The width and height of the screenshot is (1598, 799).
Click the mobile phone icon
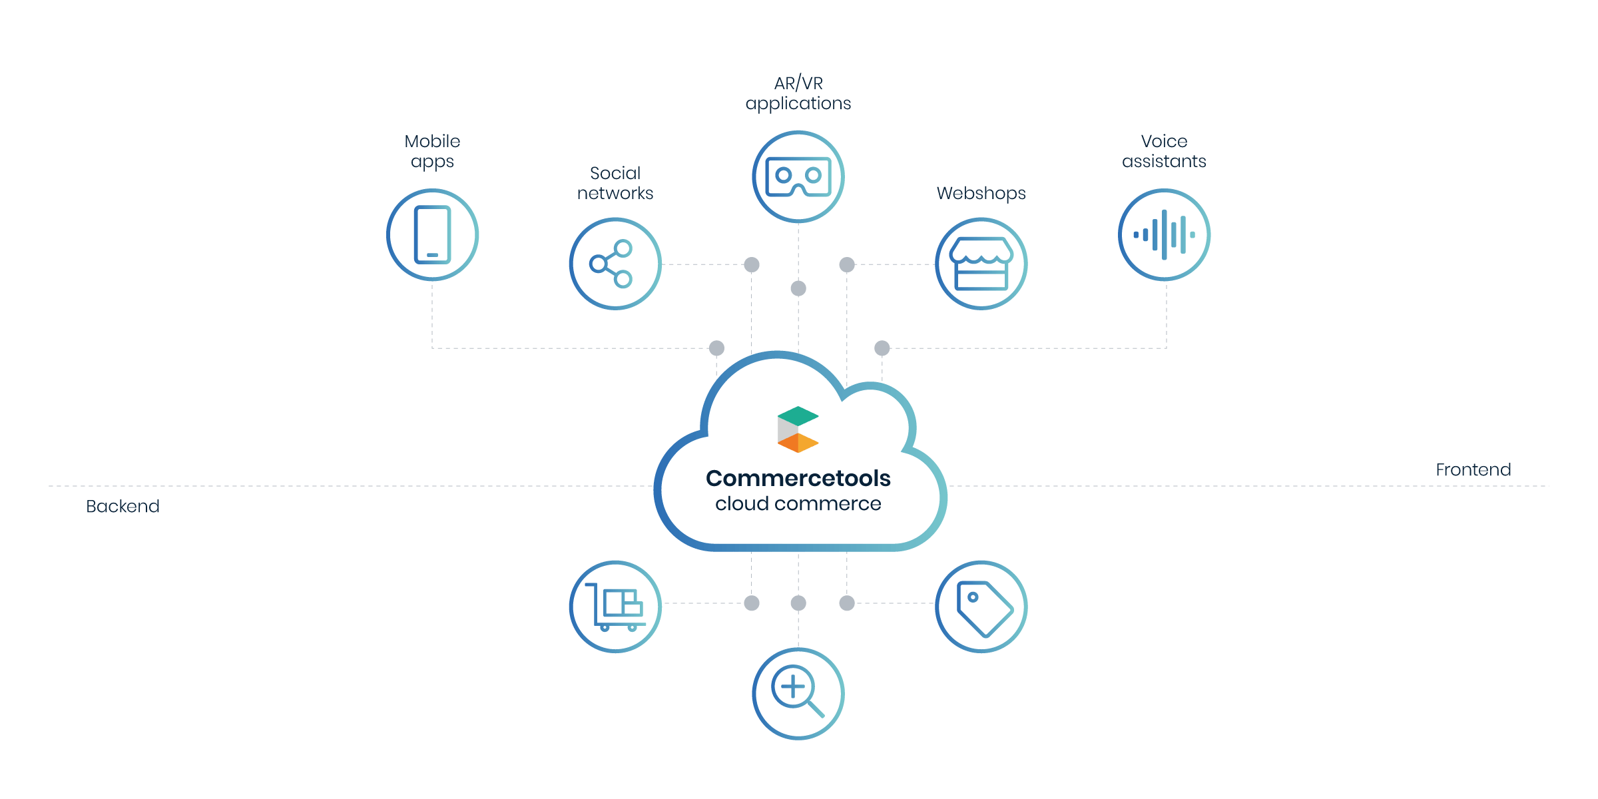coord(432,234)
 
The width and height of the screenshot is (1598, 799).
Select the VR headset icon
coord(798,176)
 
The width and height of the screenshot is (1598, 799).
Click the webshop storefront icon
coord(981,264)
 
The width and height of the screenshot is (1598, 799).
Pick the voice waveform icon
coord(1164,234)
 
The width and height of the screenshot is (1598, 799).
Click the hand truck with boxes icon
coord(615,607)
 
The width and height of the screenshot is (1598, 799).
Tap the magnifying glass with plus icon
coord(798,692)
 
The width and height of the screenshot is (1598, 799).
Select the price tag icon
coord(981,607)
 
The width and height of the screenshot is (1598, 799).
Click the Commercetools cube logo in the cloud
coord(798,429)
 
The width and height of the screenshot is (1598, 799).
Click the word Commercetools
coord(798,478)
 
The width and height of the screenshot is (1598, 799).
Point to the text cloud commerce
coord(798,504)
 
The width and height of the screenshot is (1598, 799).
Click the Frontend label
coord(1473,470)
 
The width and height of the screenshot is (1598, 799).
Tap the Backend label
coord(123,507)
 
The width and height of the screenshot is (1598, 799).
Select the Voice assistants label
coord(1164,152)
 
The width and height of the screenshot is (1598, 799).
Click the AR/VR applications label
coord(798,93)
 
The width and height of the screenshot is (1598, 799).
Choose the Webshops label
coord(981,193)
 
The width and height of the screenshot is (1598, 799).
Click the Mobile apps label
coord(432,152)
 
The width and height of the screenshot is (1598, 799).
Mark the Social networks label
coord(615,183)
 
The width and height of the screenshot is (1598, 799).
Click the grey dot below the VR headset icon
coord(798,288)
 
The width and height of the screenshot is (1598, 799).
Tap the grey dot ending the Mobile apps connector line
coord(716,348)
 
